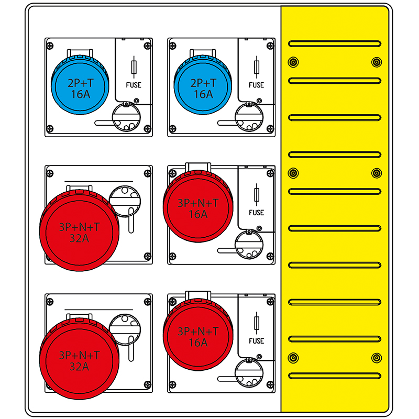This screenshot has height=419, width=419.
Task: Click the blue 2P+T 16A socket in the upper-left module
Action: tap(80, 85)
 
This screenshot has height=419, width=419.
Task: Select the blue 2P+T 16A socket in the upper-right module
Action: tap(203, 85)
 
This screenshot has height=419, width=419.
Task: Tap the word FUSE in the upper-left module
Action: tap(134, 85)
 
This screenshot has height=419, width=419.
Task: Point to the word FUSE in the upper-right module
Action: tap(257, 85)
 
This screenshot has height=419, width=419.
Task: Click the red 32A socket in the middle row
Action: tap(80, 230)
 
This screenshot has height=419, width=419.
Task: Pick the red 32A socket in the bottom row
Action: tap(80, 359)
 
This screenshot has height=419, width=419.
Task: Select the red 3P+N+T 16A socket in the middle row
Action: tap(198, 206)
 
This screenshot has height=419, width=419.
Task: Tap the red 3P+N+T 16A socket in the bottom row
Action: tap(198, 335)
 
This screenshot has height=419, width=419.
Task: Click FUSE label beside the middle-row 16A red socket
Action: tap(257, 213)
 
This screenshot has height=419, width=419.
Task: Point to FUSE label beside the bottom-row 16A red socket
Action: tap(257, 341)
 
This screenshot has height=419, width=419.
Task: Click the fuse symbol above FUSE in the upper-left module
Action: tap(134, 67)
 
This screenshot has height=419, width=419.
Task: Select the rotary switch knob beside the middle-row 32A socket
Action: tap(125, 201)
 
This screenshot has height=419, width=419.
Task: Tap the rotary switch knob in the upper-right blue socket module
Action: tap(249, 117)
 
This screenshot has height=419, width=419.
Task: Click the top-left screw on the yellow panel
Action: tap(293, 62)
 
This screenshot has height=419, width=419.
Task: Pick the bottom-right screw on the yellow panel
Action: tap(377, 358)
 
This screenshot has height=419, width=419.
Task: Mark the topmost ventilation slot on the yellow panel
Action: tap(335, 43)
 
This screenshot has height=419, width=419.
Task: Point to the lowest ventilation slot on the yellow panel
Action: tap(335, 376)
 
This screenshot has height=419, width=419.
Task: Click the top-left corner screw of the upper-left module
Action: tap(50, 46)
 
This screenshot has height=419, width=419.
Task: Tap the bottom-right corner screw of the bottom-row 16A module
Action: tap(270, 385)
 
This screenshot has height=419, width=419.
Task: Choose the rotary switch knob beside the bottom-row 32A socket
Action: tap(125, 329)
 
